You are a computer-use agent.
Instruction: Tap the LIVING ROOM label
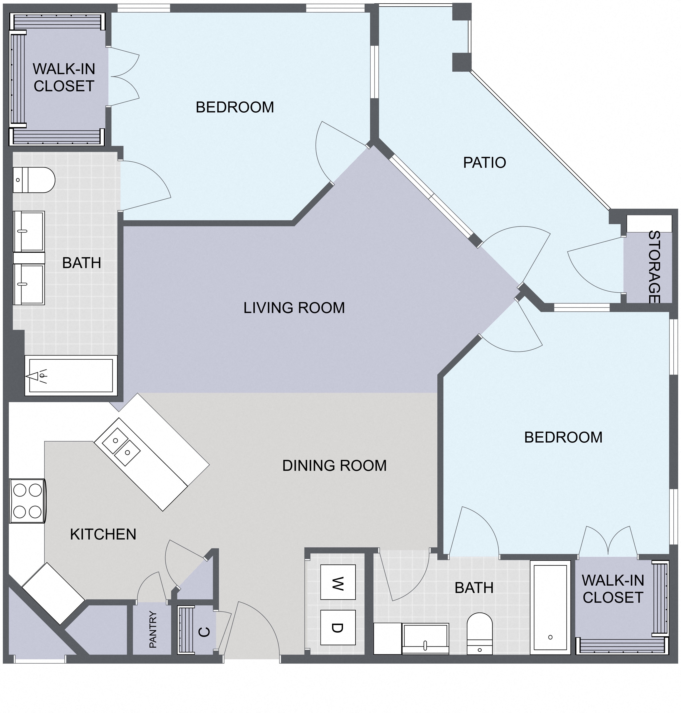pyautogui.click(x=294, y=308)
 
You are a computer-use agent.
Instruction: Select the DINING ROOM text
pyautogui.click(x=334, y=465)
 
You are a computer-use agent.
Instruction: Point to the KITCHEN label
pyautogui.click(x=103, y=534)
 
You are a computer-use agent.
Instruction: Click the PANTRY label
pyautogui.click(x=153, y=630)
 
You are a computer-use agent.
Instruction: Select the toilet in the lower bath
pyautogui.click(x=479, y=633)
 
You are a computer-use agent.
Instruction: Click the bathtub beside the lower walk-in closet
pyautogui.click(x=550, y=607)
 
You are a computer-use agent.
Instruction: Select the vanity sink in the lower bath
pyautogui.click(x=425, y=639)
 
